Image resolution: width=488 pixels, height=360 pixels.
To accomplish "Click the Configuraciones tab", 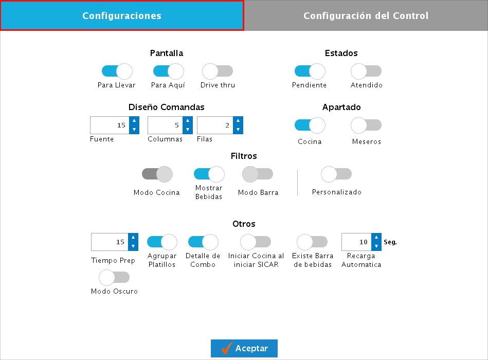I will (122, 16).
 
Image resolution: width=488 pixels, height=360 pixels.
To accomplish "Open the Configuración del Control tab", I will (366, 16).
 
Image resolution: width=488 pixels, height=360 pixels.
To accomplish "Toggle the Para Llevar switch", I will (117, 71).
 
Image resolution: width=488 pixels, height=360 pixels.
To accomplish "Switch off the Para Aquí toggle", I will (168, 71).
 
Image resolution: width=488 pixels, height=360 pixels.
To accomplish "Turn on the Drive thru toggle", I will (217, 71).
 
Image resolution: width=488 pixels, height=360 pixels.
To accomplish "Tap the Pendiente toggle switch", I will (310, 71).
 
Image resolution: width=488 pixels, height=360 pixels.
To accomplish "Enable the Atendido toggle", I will (366, 71).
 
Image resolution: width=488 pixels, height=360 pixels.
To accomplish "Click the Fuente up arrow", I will (134, 121).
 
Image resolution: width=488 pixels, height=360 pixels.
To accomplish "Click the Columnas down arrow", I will (188, 130).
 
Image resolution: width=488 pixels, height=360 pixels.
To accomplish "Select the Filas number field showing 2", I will (215, 125).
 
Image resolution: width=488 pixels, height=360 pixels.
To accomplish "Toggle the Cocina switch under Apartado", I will (310, 125).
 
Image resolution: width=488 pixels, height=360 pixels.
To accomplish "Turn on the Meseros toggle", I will (366, 125).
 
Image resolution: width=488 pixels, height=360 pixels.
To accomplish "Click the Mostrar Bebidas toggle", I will (209, 174).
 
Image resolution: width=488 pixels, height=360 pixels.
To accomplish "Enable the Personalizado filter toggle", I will (336, 174).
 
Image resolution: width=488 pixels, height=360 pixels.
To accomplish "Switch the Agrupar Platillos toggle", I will (162, 242).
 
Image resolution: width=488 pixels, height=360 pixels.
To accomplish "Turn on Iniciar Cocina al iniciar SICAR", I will (256, 242).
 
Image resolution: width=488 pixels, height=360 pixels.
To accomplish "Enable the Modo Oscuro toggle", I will (114, 277).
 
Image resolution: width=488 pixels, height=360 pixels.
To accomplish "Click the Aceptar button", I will (244, 348).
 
